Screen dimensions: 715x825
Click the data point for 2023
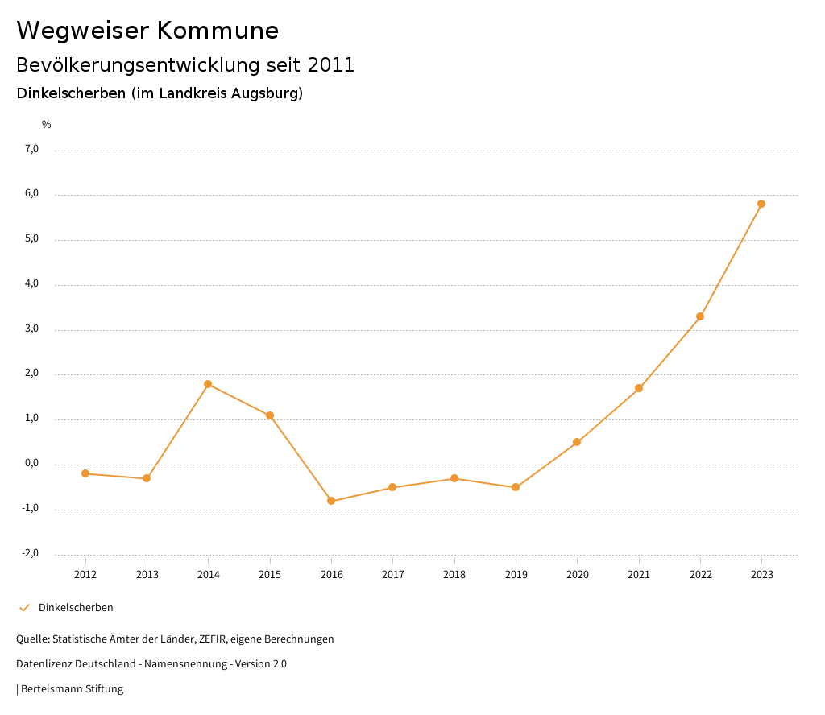(761, 204)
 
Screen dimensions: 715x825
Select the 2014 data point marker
(208, 384)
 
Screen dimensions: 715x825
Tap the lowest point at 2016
(331, 501)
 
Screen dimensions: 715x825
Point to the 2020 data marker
(577, 442)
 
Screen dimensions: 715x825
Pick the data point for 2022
(700, 316)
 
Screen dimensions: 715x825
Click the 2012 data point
(85, 473)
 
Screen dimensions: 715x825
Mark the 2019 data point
(516, 487)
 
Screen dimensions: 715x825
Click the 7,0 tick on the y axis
(32, 149)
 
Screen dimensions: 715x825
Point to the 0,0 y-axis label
(32, 464)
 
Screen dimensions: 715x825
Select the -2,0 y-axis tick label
(31, 553)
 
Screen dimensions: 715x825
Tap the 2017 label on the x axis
(393, 574)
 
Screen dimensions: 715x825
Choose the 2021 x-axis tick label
(639, 574)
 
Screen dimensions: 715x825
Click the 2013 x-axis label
(147, 574)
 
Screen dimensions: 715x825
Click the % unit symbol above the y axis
(47, 124)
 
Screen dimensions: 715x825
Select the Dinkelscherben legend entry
(76, 607)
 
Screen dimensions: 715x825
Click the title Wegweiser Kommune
(147, 31)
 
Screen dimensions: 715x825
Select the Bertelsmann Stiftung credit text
(72, 689)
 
